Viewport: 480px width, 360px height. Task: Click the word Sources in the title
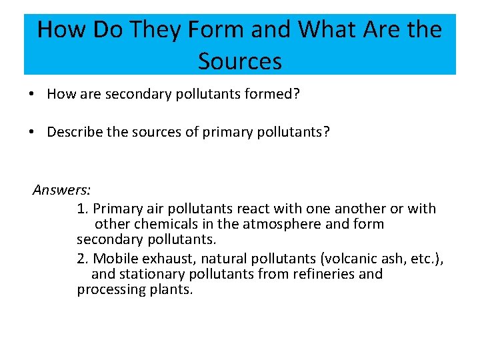(x=240, y=61)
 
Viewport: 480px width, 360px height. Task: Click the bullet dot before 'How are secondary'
(x=32, y=95)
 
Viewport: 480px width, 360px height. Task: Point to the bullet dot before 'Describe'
(x=32, y=132)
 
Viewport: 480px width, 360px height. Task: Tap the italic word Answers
(x=61, y=191)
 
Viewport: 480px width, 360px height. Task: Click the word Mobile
(x=116, y=258)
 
